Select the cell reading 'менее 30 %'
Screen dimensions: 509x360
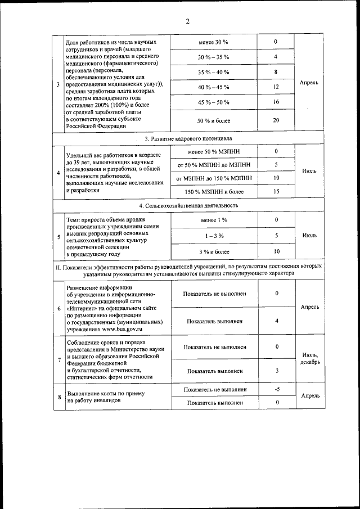[213, 43]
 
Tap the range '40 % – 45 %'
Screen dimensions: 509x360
[213, 87]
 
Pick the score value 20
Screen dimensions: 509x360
[276, 120]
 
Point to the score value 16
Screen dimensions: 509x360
[276, 102]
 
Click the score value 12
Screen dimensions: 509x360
[276, 87]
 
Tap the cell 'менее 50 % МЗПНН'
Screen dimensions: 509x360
[213, 152]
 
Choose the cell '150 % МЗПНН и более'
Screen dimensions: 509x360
[213, 192]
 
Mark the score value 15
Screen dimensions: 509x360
[276, 192]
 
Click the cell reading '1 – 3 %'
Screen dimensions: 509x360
[213, 236]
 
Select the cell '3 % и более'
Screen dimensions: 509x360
[213, 251]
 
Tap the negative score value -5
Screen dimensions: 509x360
[276, 390]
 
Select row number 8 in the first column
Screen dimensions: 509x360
[58, 397]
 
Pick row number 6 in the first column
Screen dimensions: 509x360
[58, 308]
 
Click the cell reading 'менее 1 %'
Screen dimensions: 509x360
[213, 219]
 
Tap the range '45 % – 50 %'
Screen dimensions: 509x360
[213, 102]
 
